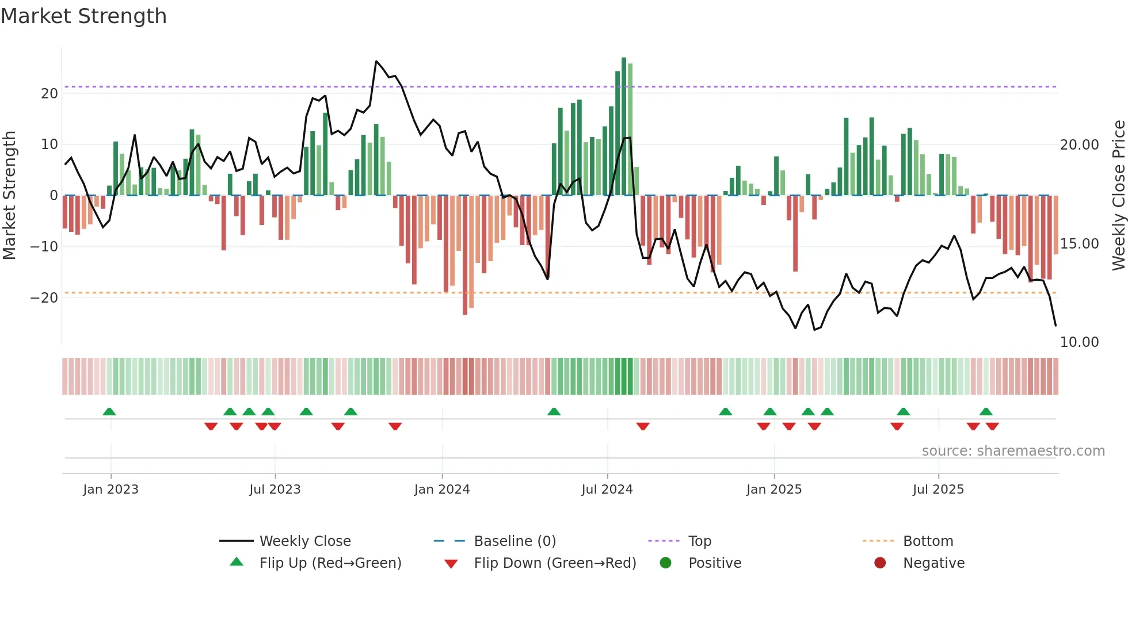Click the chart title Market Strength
[84, 16]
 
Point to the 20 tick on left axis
[49, 94]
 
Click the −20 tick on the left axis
[44, 298]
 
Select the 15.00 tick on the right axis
[1079, 244]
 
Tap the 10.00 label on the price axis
[1079, 342]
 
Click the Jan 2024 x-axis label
[441, 490]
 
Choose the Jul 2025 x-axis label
[938, 490]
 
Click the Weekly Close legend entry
[304, 541]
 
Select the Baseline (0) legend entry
[515, 541]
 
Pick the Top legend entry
[699, 541]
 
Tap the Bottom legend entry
[928, 541]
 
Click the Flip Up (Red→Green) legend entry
[330, 563]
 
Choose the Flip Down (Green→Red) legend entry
[555, 563]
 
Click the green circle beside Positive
[665, 563]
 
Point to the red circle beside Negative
[880, 563]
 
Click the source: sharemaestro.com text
[1013, 451]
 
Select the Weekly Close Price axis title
[1118, 196]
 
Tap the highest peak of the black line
[376, 62]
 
